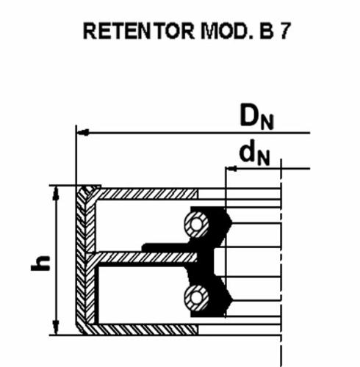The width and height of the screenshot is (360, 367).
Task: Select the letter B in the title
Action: [266, 31]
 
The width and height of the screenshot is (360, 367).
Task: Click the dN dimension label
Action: [255, 153]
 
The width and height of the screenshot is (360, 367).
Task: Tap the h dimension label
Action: [40, 263]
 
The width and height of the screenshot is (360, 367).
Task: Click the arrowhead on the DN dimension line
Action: [83, 133]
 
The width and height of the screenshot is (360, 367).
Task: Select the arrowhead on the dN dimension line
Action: [231, 168]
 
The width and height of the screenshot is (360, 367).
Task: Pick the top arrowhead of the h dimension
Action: [57, 193]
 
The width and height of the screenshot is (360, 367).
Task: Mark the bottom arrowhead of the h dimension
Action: [57, 328]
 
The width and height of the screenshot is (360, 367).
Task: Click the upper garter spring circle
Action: [197, 225]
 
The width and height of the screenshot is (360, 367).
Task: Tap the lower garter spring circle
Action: [197, 298]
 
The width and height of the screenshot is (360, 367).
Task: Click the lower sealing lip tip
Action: [231, 299]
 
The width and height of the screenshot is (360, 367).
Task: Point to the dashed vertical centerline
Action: [281, 263]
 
